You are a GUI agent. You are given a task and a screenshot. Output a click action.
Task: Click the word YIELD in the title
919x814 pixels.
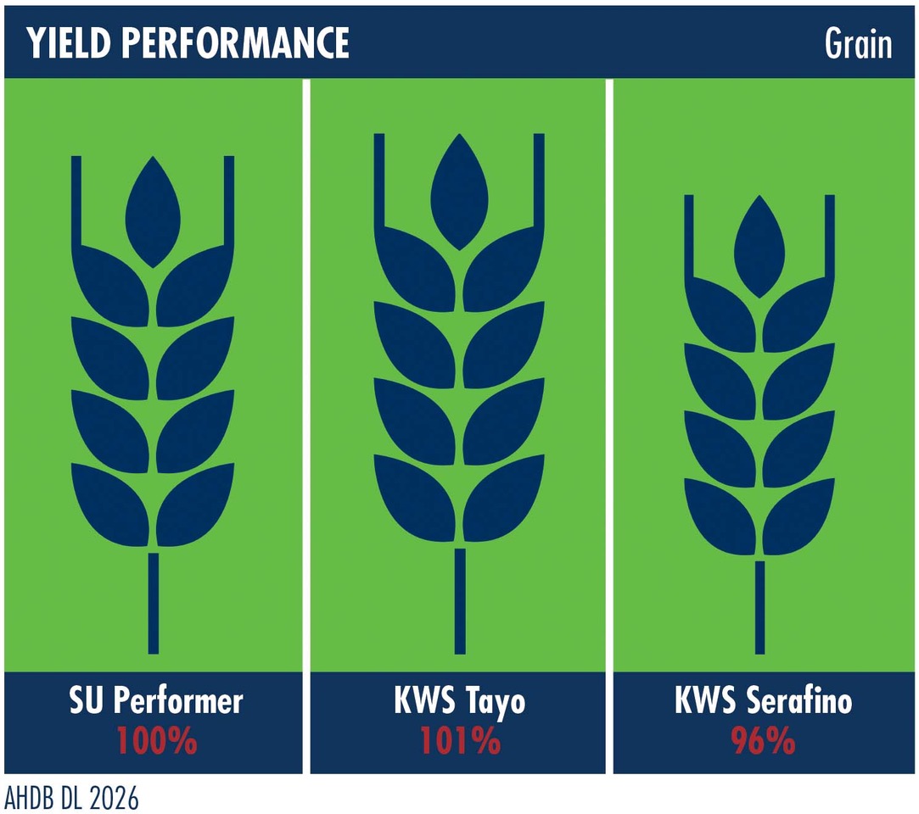coord(69,42)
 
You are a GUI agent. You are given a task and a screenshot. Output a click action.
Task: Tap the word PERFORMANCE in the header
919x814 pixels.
coord(236,42)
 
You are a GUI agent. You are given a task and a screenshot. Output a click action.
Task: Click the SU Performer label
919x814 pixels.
coord(156,700)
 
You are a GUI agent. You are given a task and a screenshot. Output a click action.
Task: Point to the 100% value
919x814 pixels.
coord(157,741)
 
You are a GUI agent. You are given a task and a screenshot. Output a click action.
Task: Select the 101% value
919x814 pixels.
coord(461,741)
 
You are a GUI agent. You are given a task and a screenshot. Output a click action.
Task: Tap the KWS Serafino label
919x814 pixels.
coord(763,700)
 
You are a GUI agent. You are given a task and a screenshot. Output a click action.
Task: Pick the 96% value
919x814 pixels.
coord(763,741)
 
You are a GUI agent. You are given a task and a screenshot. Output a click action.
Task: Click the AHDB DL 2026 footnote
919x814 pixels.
coord(71,798)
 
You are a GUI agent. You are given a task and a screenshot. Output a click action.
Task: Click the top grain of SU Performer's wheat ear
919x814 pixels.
coord(153,212)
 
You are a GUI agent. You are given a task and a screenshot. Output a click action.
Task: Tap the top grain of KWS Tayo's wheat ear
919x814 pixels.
coord(460,192)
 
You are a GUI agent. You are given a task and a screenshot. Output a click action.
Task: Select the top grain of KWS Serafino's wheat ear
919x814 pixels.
coord(759,247)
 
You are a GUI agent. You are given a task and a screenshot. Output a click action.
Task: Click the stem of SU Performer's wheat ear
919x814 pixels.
coord(154,603)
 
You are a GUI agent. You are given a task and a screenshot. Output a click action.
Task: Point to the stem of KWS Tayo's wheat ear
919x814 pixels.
coord(460,601)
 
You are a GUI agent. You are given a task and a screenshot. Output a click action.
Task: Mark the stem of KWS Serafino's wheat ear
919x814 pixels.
coord(760,608)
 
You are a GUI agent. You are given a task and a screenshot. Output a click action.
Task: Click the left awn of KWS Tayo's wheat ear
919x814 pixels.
coord(379,181)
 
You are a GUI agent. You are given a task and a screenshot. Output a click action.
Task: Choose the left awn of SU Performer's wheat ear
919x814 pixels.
coord(76,202)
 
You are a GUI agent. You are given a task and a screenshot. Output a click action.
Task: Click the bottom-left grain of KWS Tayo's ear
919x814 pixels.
coord(415,498)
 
